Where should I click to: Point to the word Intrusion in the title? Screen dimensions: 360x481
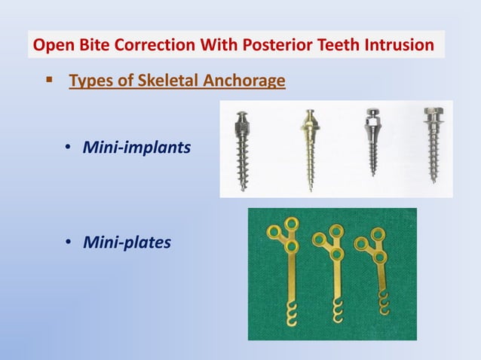click(x=398, y=45)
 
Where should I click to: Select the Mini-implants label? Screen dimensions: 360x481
click(x=136, y=147)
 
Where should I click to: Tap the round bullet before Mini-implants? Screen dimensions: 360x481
click(x=67, y=148)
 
